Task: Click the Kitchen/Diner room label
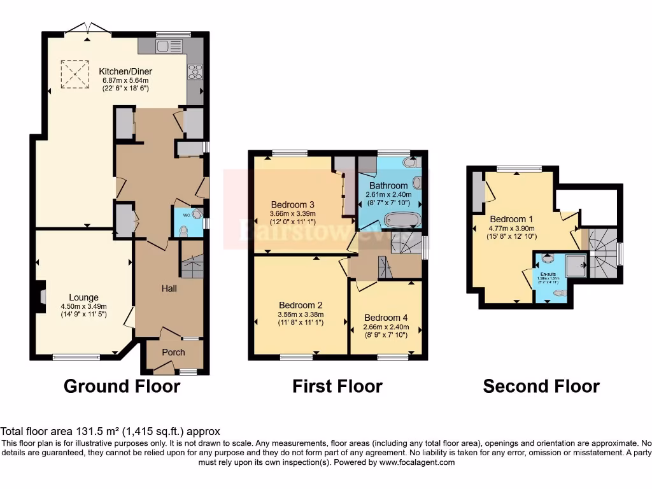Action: coord(125,71)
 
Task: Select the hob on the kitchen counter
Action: coord(194,72)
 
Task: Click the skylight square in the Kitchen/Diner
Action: coord(74,74)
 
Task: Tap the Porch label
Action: coord(173,352)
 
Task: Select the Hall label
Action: coord(169,288)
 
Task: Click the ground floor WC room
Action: coord(187,222)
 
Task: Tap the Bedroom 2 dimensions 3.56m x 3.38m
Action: coord(301,314)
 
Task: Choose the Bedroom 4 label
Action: coord(386,318)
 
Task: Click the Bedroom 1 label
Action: coord(507,219)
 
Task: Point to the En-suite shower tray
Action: coord(576,266)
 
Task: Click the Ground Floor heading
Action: coord(122,386)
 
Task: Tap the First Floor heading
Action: coord(337,386)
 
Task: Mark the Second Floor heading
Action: coord(541,386)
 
